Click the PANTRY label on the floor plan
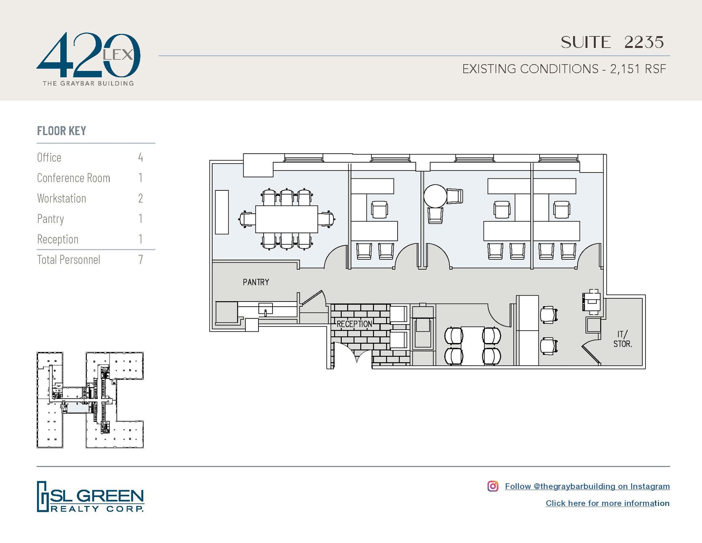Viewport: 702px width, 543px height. pos(256,282)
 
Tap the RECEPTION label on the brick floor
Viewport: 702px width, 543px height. pos(354,324)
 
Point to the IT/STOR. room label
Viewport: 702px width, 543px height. pos(622,339)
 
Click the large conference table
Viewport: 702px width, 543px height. pos(287,219)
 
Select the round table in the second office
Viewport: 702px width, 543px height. pos(435,196)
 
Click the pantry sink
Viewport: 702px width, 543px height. pos(265,308)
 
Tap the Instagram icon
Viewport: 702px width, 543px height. pos(493,486)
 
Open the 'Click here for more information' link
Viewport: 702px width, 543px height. pos(607,503)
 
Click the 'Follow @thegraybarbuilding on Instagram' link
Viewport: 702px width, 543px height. pos(587,486)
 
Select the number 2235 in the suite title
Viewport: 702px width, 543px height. pos(644,42)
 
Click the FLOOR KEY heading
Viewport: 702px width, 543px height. pos(62,131)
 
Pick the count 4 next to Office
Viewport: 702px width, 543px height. pos(141,157)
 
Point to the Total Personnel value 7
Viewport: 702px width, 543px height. pos(141,260)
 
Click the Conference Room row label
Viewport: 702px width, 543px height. pos(74,178)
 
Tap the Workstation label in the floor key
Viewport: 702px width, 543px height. pos(62,198)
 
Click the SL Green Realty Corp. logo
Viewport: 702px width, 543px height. pos(90,496)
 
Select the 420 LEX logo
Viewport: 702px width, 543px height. pos(88,58)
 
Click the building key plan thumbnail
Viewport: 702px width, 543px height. pos(90,400)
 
